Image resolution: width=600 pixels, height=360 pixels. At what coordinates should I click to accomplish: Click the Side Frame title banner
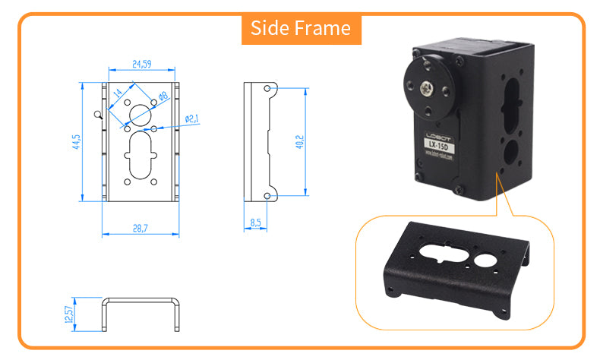coord(301,29)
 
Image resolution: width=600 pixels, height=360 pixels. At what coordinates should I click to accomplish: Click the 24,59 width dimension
coord(142,65)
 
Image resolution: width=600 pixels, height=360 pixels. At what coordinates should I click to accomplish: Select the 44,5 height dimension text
coord(76,142)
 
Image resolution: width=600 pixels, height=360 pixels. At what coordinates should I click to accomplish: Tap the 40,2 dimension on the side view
coord(299,142)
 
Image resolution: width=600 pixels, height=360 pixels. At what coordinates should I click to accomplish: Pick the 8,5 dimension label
coord(256,223)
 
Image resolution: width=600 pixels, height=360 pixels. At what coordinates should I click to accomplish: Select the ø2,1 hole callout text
coord(192,118)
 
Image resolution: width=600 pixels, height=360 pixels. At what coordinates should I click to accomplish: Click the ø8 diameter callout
coord(163,96)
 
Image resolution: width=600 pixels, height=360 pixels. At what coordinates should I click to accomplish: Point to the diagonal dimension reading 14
coord(118,95)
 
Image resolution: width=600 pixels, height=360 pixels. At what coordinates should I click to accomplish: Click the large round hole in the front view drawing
coord(141,115)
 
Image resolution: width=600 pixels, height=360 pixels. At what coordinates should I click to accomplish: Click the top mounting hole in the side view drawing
coord(267,89)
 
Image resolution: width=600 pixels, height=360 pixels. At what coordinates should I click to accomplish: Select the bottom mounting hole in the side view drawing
coord(267,196)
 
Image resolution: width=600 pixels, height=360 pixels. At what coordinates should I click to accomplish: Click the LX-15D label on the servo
coord(438,144)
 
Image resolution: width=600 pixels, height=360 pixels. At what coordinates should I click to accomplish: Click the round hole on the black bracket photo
coord(485,261)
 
